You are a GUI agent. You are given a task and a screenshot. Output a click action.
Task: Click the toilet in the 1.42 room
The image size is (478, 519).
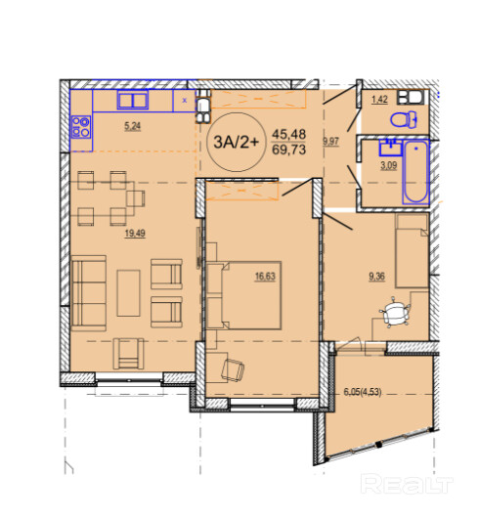404,119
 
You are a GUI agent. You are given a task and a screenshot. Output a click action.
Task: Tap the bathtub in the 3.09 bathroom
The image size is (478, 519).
415,172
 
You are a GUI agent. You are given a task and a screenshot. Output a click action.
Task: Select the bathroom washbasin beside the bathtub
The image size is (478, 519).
391,148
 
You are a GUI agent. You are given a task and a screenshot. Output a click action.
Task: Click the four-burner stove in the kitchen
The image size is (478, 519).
81,127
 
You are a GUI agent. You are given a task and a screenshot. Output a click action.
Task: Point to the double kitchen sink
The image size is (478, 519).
133,100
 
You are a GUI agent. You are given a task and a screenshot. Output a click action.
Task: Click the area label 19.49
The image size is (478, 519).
135,234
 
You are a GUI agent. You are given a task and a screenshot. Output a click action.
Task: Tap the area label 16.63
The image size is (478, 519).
265,277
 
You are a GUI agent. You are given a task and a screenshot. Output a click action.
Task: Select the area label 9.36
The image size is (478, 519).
376,276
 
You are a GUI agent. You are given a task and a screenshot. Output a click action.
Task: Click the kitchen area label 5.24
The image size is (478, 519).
132,126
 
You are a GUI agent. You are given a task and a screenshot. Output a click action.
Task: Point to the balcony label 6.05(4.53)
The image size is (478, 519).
363,393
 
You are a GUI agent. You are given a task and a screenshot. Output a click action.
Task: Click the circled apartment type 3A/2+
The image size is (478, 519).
236,142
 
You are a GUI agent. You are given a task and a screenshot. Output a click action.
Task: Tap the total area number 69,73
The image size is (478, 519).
288,150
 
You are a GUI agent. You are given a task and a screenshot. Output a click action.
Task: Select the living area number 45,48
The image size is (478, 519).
288,134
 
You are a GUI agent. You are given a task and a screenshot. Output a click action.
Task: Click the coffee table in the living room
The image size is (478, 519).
128,293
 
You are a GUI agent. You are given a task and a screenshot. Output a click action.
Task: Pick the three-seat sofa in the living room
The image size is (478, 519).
89,293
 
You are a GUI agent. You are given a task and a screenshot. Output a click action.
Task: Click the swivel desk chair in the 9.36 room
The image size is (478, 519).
395,312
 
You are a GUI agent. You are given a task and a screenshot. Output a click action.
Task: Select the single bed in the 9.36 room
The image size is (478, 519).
412,250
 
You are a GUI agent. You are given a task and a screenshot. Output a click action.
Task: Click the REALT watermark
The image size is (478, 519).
407,484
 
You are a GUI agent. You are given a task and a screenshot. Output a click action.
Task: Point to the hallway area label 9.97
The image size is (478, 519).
330,142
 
